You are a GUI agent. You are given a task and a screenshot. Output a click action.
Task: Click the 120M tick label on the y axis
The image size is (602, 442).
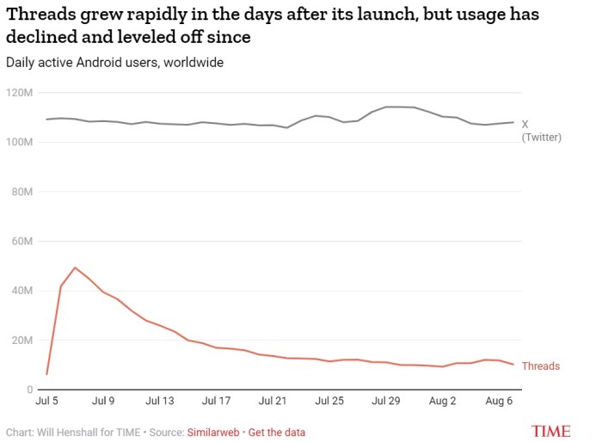18,92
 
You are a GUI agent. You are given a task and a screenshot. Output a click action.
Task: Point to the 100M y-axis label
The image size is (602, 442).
18,141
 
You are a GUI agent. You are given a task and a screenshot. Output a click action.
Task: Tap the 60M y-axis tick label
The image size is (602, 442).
21,241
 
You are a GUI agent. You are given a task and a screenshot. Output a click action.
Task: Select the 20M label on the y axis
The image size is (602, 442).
21,341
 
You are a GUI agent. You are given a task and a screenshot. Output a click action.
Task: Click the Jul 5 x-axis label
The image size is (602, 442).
46,401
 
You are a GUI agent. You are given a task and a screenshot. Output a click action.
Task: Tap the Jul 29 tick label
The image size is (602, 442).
385,401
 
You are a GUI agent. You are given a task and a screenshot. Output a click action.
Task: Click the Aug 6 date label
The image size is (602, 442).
499,401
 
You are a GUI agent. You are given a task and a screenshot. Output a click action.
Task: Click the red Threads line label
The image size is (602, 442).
540,366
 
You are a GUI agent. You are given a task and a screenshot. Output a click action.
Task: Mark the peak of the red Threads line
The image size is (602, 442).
75,267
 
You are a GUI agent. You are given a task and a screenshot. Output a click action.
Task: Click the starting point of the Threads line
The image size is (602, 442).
46,374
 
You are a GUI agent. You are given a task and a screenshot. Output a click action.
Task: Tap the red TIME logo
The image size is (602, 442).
551,431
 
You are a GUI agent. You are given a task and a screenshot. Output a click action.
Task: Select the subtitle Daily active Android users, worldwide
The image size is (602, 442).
114,63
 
